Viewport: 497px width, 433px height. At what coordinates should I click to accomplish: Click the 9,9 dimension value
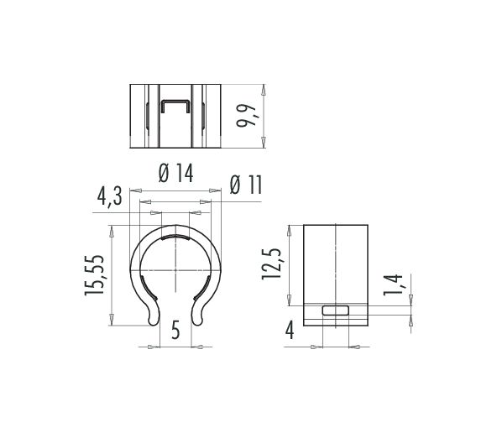(246, 115)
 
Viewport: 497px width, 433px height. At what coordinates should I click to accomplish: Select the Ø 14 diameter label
(176, 173)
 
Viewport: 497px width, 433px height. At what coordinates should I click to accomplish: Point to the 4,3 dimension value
(110, 196)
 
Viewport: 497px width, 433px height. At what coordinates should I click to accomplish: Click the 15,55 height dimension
(94, 275)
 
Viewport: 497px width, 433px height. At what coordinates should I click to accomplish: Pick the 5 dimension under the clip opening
(175, 330)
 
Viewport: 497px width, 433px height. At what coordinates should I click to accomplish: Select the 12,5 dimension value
(271, 263)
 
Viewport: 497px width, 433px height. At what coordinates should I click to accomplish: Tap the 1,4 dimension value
(393, 284)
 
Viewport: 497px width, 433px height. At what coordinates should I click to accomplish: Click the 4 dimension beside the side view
(290, 330)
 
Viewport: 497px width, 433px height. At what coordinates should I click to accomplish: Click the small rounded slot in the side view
(336, 310)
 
